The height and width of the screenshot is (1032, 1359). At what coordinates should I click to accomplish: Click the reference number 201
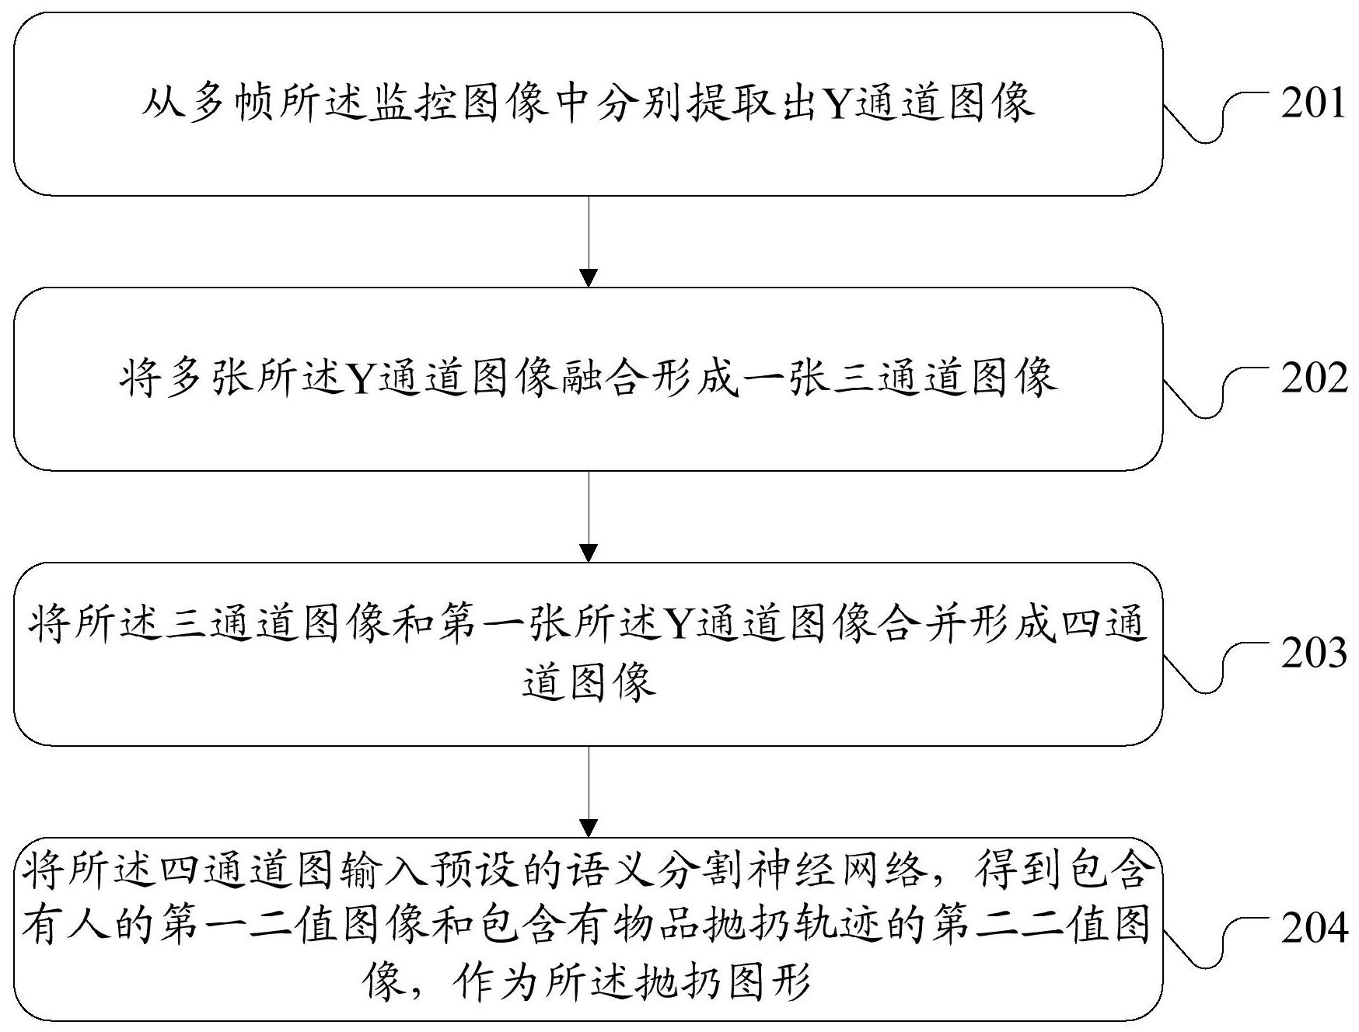[x=1313, y=103]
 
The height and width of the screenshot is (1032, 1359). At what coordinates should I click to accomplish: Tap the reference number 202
[x=1313, y=378]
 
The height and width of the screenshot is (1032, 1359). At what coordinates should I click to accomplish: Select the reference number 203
[x=1313, y=654]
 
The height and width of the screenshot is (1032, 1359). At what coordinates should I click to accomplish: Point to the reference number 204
[x=1313, y=929]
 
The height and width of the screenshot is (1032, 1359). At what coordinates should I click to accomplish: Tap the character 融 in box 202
[x=583, y=378]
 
